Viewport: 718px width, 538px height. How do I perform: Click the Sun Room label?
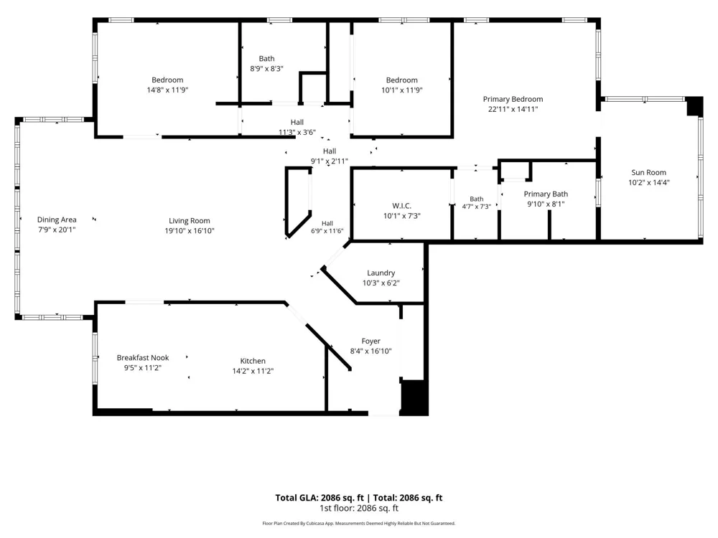point(648,172)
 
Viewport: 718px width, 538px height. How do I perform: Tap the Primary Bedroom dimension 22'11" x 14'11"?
point(513,109)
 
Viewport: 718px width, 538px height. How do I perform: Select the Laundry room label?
point(381,273)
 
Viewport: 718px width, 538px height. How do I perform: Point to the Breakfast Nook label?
point(143,358)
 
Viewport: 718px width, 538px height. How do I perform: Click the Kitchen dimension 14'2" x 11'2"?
point(253,371)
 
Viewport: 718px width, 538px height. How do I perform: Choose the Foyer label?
point(371,341)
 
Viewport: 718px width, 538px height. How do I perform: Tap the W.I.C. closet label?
point(401,206)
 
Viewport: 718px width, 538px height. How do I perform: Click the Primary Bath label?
point(546,194)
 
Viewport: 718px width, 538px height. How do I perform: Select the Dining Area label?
point(57,220)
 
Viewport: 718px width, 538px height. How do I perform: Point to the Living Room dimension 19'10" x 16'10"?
point(190,231)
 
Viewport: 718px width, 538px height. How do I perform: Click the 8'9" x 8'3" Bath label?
point(266,59)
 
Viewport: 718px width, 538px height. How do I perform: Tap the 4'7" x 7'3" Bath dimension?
point(477,207)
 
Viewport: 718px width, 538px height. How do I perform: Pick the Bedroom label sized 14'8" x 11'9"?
point(167,80)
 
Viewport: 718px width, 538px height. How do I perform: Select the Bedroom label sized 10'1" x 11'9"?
point(401,80)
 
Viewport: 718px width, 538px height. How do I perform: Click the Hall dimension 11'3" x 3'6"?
point(297,133)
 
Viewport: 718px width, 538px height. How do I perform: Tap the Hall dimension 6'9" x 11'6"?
point(327,231)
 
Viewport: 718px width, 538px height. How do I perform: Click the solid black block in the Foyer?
point(414,397)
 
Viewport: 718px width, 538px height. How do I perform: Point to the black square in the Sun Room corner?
point(694,106)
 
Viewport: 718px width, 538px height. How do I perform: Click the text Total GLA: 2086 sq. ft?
point(320,498)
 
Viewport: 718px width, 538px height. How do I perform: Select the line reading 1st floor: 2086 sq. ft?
point(359,509)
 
